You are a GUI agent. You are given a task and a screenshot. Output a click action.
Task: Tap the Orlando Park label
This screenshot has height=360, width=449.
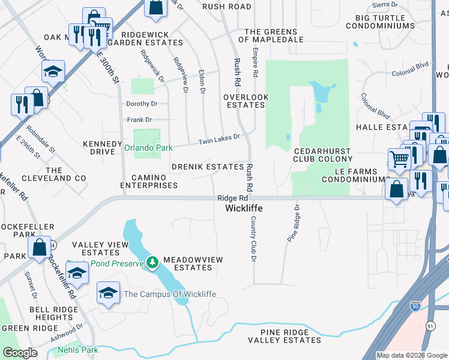(148, 148)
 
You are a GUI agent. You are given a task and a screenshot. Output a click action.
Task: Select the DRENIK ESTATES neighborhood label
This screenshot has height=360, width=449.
(207, 166)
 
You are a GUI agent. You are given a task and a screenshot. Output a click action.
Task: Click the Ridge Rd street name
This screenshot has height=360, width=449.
(232, 198)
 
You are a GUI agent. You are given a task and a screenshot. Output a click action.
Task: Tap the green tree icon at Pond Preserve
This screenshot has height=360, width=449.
(153, 262)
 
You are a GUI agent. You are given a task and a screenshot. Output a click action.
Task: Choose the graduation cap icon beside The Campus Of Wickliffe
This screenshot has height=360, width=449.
(108, 293)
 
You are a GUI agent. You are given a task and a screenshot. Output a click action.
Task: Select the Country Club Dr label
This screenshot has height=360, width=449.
(253, 238)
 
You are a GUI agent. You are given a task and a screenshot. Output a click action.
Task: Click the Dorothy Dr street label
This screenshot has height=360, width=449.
(141, 103)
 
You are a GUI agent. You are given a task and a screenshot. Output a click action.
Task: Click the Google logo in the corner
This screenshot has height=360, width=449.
(20, 353)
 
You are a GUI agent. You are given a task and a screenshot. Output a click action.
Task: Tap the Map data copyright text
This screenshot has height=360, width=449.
(412, 355)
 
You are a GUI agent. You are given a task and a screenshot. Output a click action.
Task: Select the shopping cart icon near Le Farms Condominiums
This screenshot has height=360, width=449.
(399, 160)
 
